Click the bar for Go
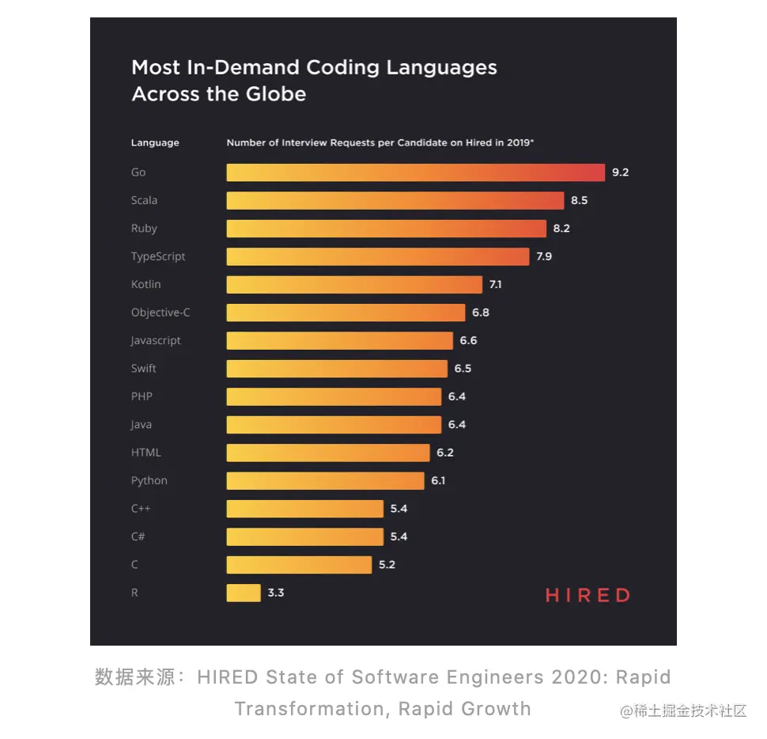(415, 172)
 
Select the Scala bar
(395, 200)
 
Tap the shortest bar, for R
(244, 593)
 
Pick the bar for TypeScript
(378, 256)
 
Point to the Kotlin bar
(354, 285)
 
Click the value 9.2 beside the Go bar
(620, 172)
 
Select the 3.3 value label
(276, 593)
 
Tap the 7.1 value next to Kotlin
(496, 285)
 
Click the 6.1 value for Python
(438, 480)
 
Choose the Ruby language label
(144, 229)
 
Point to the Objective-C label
(161, 313)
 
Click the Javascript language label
(156, 340)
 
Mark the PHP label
(142, 396)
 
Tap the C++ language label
(141, 509)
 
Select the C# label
(138, 536)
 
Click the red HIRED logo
(588, 596)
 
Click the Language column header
(155, 143)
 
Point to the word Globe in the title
(272, 94)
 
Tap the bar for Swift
(337, 369)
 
